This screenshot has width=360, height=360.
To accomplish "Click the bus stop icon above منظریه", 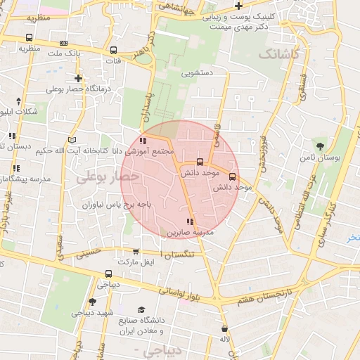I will point(28,38).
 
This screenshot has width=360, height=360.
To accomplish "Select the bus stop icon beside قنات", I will point(113,51).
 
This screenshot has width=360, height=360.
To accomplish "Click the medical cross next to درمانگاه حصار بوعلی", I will point(78,78).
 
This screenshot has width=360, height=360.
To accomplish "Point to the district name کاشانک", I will point(278,53).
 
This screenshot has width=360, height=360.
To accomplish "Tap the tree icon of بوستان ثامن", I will point(321,146).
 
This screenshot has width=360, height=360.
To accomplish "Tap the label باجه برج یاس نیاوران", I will point(94,205).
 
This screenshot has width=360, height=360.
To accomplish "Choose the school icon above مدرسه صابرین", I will point(189,223).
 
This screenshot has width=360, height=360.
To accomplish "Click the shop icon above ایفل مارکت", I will point(136,251).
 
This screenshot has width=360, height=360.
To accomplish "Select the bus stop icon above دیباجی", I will point(108,274).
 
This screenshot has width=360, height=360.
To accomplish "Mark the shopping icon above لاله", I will point(225,328).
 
